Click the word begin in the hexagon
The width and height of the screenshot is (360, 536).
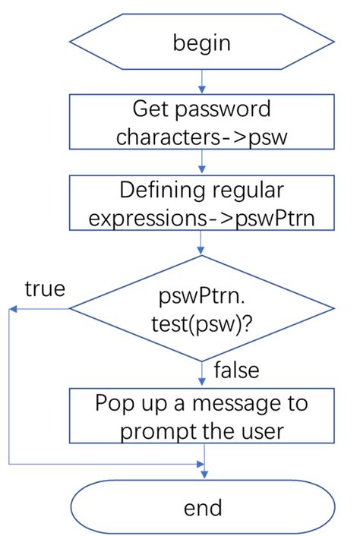tap(202, 43)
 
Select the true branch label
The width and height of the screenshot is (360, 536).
tap(45, 288)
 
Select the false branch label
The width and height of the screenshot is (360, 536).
tap(237, 370)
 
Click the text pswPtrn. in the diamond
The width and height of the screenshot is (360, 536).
tap(202, 293)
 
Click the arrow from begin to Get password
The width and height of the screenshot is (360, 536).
tap(202, 80)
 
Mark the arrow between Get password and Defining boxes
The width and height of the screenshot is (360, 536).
tap(202, 160)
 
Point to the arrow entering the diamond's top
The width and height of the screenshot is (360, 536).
tap(202, 244)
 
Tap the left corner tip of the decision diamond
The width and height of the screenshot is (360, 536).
tap(71, 309)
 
